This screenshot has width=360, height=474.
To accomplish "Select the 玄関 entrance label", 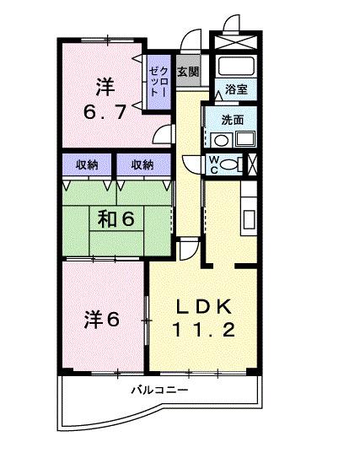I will (x=189, y=72).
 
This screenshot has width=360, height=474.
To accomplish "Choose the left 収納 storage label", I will (x=86, y=164).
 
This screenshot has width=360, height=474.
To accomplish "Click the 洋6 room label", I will (x=101, y=320).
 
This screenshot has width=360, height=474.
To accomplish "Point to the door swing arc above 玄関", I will (x=193, y=40).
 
